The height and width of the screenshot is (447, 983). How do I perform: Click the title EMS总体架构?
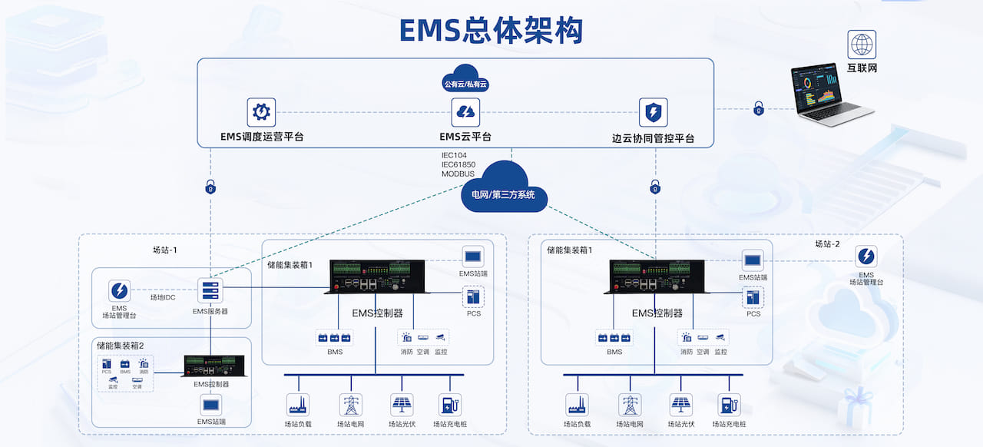click(491, 30)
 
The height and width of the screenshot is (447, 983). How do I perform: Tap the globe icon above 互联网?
click(862, 45)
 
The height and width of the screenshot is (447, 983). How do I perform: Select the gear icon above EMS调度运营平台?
click(261, 112)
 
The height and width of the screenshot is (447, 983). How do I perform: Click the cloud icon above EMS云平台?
click(465, 112)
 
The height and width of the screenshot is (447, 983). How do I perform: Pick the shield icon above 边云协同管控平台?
click(654, 112)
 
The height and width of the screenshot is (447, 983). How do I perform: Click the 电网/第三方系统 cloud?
click(504, 189)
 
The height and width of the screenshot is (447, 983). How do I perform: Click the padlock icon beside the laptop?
click(759, 108)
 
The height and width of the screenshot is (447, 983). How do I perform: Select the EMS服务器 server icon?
click(210, 290)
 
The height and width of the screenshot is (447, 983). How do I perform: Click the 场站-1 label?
click(165, 250)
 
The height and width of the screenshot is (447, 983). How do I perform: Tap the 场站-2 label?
click(828, 244)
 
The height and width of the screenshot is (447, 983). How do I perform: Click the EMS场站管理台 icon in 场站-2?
click(866, 257)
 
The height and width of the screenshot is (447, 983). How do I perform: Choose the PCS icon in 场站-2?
click(753, 296)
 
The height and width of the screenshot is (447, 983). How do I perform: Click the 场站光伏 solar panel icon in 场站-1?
click(401, 405)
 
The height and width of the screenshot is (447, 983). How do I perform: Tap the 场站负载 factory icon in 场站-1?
click(297, 405)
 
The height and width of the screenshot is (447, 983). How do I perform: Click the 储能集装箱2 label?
click(120, 346)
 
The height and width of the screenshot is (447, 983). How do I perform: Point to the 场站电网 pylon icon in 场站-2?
click(631, 405)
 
